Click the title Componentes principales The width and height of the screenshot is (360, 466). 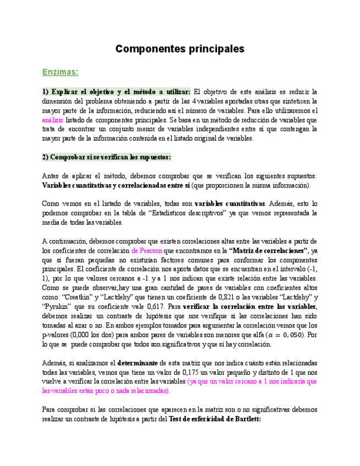point(180,49)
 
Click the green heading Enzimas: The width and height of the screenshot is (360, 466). point(60,72)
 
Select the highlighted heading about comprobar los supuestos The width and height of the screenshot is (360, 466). point(106,157)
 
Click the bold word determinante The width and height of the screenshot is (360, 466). point(137,363)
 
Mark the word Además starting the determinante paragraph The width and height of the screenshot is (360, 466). point(55,363)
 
